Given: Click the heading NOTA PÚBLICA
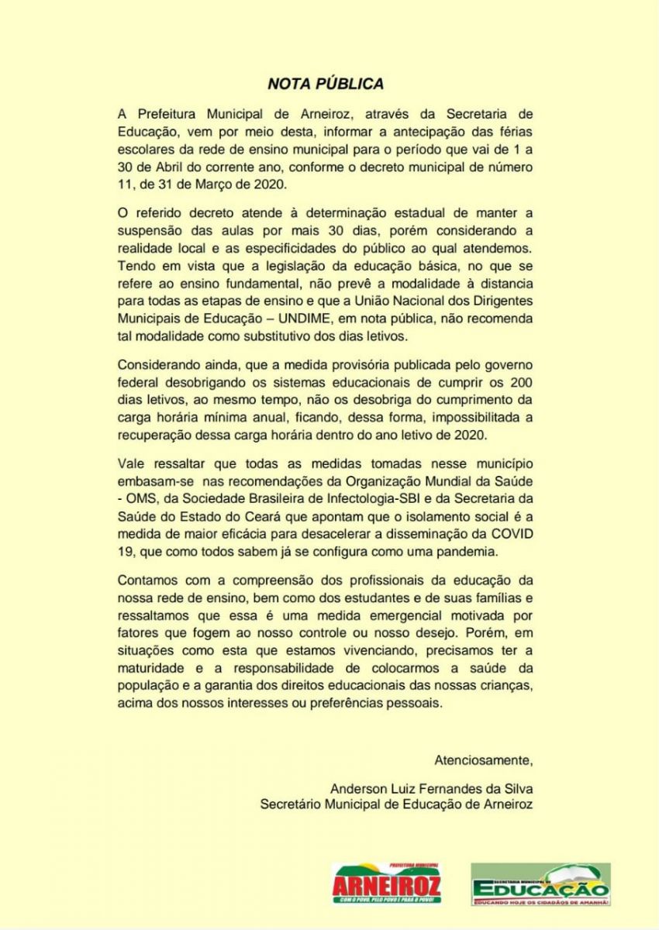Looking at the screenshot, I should coord(326,83).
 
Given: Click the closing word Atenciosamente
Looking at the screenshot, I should coord(484,758).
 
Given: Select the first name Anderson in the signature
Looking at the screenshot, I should coord(357,788).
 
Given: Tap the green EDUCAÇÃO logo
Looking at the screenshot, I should coord(540,885).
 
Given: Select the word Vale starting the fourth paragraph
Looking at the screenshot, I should coord(132,463).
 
